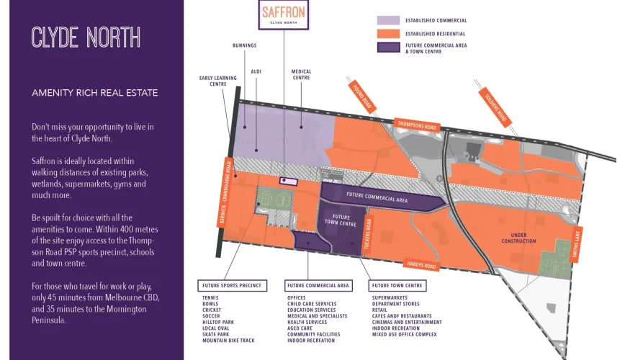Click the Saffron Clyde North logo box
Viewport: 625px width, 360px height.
point(284,14)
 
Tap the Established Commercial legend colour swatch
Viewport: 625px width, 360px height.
point(388,20)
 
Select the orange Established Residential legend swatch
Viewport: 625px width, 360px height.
point(388,34)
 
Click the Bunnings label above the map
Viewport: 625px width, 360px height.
point(245,45)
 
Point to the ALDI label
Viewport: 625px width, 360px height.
point(256,72)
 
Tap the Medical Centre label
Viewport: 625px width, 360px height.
point(301,75)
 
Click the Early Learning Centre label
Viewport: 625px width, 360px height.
point(218,81)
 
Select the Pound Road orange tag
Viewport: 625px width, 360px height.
point(362,96)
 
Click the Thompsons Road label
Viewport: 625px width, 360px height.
point(417,125)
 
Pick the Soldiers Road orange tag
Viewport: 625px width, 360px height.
point(495,107)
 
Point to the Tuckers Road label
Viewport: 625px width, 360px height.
point(367,234)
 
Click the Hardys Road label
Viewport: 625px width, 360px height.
point(421,264)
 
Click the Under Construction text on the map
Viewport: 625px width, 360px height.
point(518,238)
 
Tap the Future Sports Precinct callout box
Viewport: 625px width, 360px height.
point(232,285)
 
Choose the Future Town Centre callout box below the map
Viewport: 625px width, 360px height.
point(397,285)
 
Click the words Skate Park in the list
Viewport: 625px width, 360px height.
point(215,335)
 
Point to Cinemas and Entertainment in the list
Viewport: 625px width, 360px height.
point(407,322)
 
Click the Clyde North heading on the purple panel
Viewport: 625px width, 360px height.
point(86,37)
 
